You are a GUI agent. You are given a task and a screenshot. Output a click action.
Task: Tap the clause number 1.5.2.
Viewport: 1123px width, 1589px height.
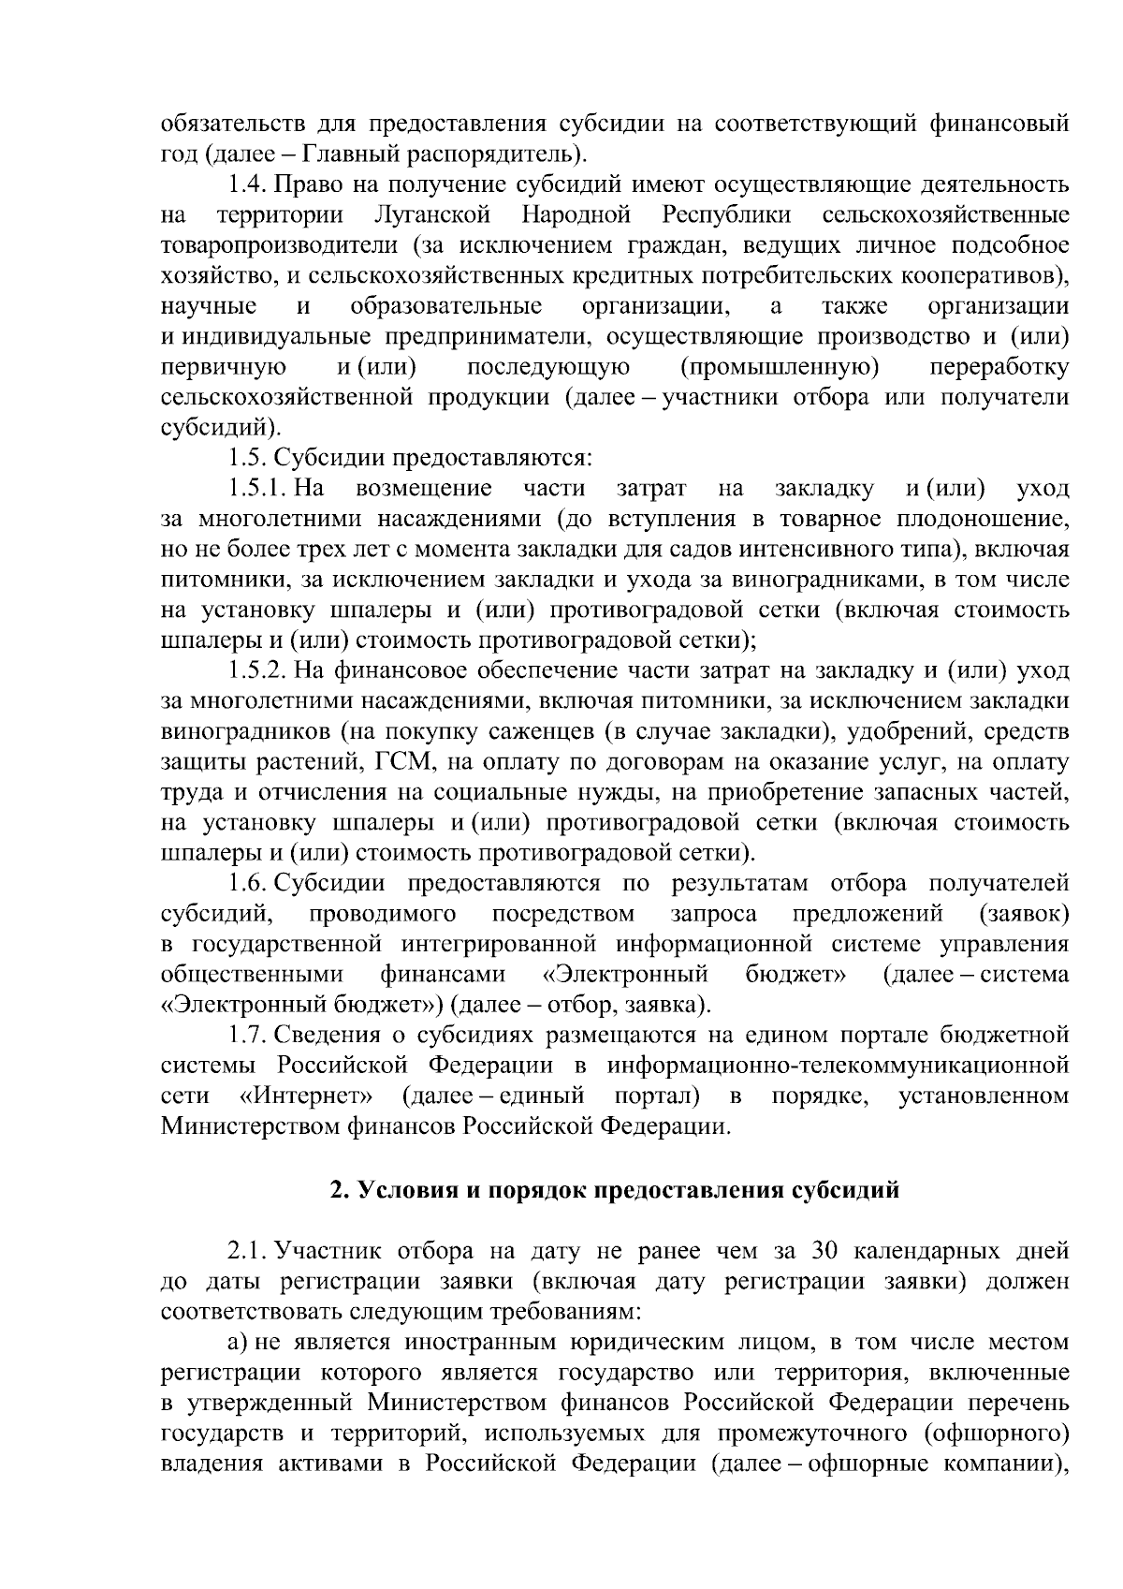click(257, 670)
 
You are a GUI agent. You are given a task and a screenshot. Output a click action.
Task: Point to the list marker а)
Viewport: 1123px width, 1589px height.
click(241, 1343)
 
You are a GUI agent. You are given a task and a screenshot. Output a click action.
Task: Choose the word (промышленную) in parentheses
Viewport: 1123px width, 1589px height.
click(780, 367)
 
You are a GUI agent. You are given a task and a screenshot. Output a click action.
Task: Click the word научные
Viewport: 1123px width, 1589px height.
click(209, 306)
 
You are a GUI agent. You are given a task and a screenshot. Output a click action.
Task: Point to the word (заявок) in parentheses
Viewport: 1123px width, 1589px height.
click(1023, 914)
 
